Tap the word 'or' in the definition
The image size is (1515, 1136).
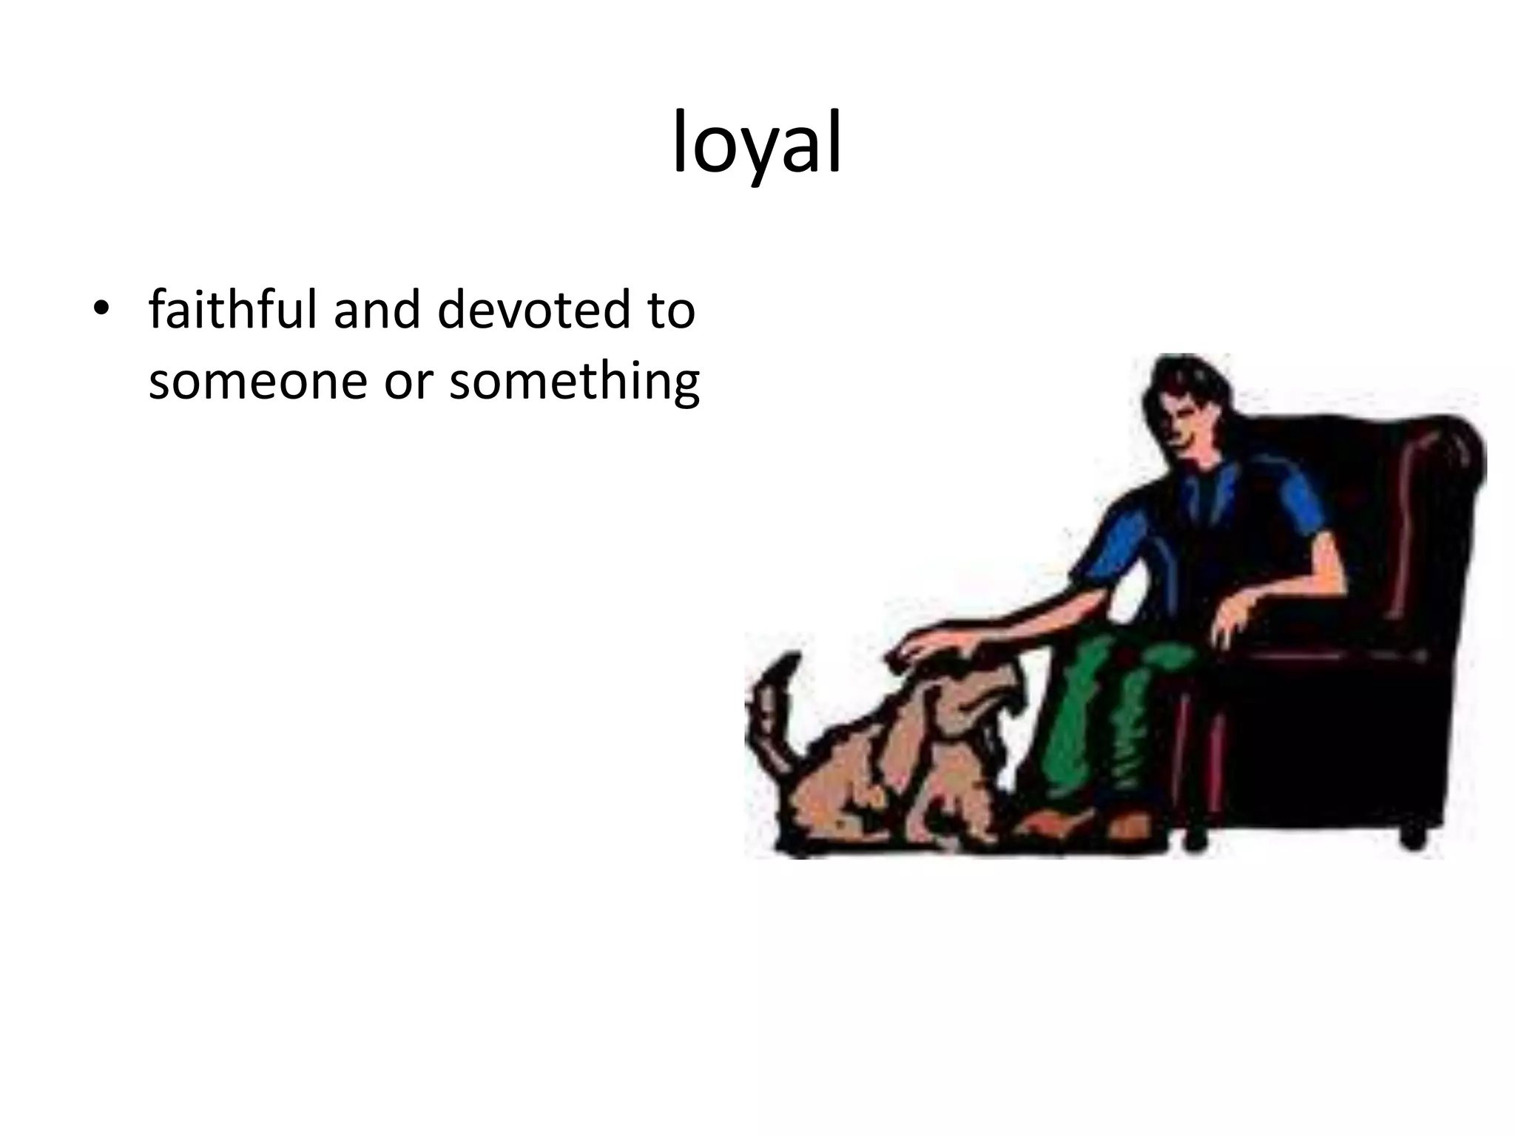(408, 383)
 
